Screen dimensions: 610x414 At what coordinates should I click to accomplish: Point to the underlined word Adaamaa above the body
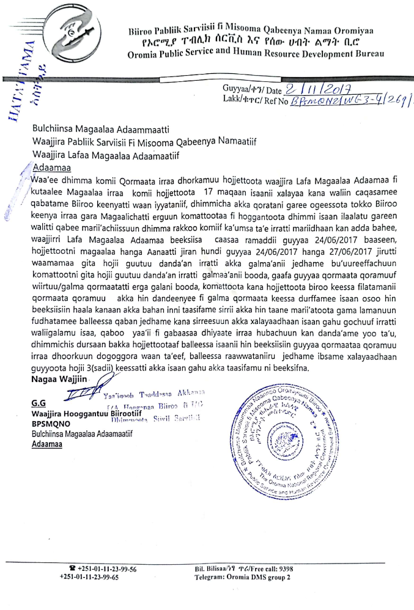pos(48,167)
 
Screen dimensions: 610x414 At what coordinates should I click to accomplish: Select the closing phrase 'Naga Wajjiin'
pos(55,380)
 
